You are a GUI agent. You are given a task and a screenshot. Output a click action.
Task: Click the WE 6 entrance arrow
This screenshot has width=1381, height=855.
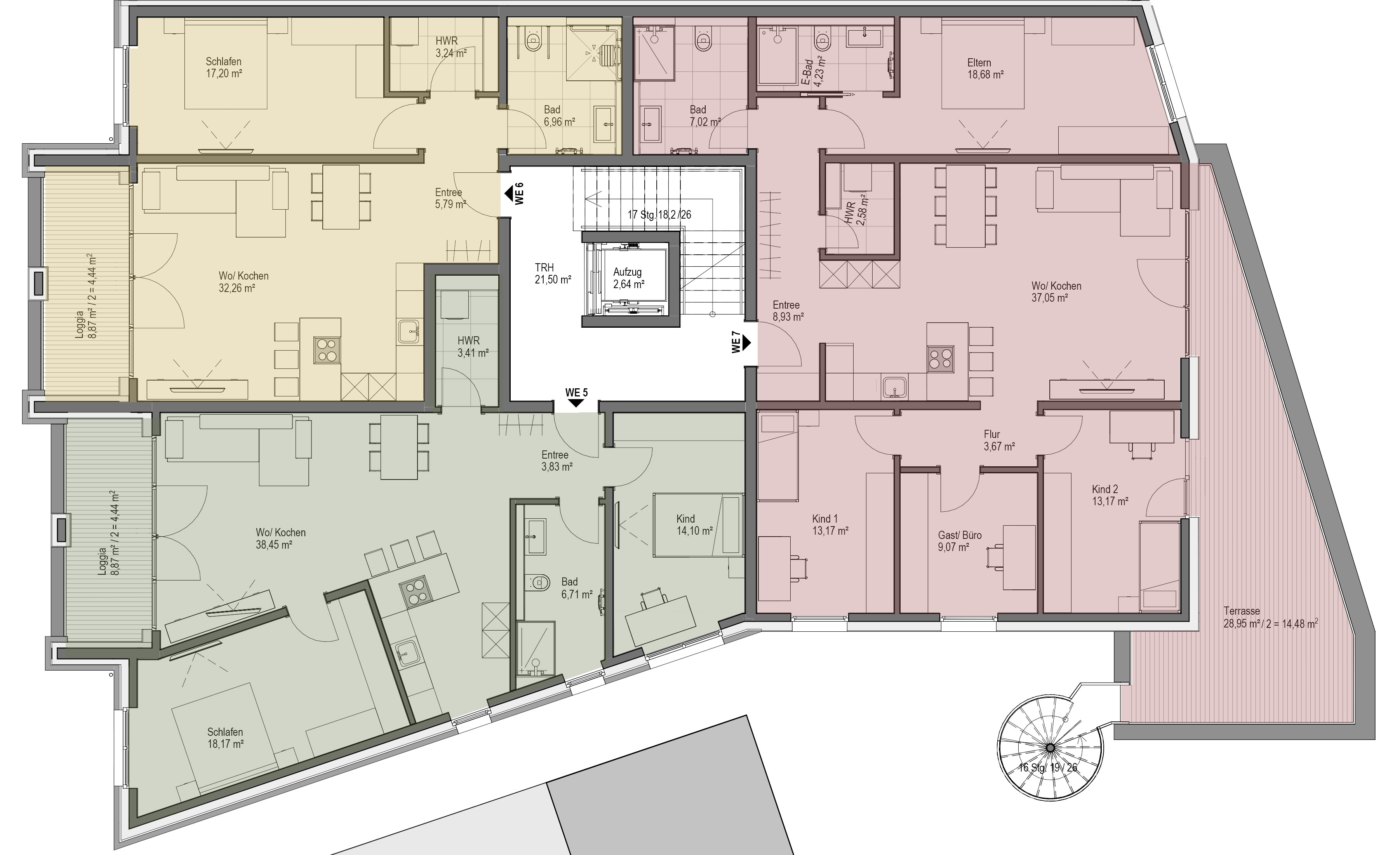pyautogui.click(x=508, y=193)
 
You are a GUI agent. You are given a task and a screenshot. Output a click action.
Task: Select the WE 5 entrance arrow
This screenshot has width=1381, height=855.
pyautogui.click(x=576, y=403)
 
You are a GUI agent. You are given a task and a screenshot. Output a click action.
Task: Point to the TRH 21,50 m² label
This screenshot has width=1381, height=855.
pyautogui.click(x=553, y=273)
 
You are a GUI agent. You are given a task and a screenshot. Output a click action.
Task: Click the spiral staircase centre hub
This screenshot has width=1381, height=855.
pyautogui.click(x=1050, y=747)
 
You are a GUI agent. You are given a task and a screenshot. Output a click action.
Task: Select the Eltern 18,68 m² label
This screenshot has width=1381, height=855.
pyautogui.click(x=985, y=68)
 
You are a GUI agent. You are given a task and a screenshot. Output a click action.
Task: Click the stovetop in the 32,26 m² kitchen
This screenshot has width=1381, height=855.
pyautogui.click(x=327, y=350)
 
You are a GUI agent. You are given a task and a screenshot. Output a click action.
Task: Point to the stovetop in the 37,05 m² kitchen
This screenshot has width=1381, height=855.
pyautogui.click(x=940, y=359)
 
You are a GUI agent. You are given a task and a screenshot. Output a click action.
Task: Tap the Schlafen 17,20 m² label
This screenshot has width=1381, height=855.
pyautogui.click(x=224, y=67)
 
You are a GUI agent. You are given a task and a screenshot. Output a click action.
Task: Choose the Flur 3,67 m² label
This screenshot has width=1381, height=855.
pyautogui.click(x=999, y=440)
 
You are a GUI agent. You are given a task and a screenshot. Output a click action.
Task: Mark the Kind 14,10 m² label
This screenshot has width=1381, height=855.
pyautogui.click(x=694, y=524)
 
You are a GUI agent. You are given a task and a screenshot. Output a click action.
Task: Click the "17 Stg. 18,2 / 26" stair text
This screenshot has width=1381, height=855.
pyautogui.click(x=659, y=215)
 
